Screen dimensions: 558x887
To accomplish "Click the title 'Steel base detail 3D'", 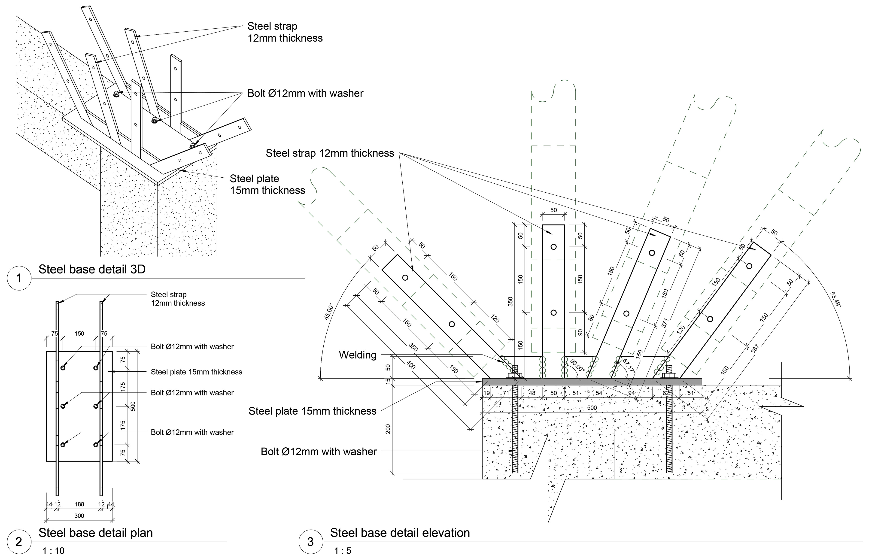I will pyautogui.click(x=92, y=269).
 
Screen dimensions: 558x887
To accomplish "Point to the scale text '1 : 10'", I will pyautogui.click(x=53, y=551).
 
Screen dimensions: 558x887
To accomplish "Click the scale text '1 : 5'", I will pyautogui.click(x=343, y=551).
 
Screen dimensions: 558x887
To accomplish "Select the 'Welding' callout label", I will pyautogui.click(x=358, y=355).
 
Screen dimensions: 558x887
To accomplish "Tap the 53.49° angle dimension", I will pyautogui.click(x=836, y=299).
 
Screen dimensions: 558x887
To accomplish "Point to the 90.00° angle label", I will pyautogui.click(x=577, y=365).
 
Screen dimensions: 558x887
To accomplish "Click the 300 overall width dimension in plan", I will pyautogui.click(x=79, y=516).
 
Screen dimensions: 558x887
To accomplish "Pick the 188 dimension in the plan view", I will pyautogui.click(x=79, y=504).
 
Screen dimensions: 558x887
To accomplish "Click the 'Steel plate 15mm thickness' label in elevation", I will pyautogui.click(x=312, y=411).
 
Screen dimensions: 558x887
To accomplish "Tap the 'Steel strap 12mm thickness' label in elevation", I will pyautogui.click(x=330, y=153).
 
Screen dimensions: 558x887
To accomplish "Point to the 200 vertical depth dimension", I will pyautogui.click(x=388, y=429).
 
